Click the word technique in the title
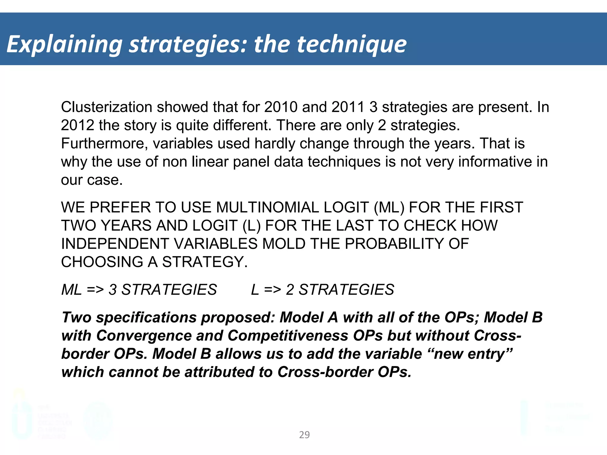[x=352, y=44]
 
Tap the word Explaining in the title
[x=64, y=44]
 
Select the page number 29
[x=304, y=435]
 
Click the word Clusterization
[x=106, y=107]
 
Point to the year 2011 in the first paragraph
[x=348, y=107]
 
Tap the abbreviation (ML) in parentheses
[x=389, y=207]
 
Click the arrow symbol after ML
[x=95, y=290]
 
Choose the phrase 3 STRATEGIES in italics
[x=163, y=290]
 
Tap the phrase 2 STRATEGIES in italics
[x=340, y=290]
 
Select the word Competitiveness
[x=288, y=336]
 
